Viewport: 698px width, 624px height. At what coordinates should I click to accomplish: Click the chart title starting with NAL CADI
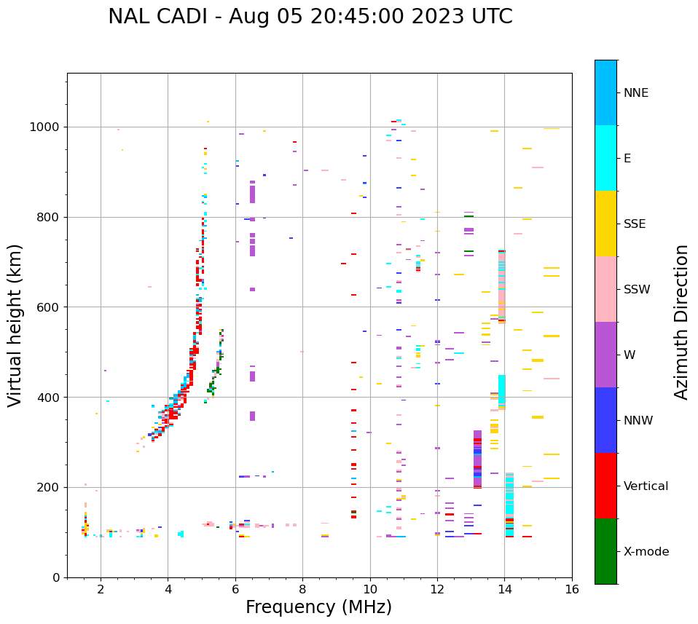[310, 17]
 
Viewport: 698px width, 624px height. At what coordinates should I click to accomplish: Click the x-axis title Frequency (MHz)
[318, 607]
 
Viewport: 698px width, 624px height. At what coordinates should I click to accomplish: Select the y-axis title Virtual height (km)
[15, 325]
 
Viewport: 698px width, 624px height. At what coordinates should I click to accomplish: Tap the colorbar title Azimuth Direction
[681, 322]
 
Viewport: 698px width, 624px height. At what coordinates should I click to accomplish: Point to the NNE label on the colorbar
[635, 93]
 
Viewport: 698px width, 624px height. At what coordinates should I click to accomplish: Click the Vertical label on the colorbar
[646, 486]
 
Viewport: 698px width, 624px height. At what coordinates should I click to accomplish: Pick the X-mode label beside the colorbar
[646, 552]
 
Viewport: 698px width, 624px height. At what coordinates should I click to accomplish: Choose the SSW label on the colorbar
[637, 290]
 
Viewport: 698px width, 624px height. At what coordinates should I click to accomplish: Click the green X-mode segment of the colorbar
[605, 551]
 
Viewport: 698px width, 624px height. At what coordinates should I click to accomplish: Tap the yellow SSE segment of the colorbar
[605, 224]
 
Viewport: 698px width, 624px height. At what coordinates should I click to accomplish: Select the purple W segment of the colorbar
[605, 355]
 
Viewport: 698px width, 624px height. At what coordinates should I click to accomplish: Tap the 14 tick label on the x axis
[504, 589]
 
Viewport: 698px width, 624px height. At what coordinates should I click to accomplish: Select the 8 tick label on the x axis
[302, 589]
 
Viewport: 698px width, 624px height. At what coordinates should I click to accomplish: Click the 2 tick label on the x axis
[101, 589]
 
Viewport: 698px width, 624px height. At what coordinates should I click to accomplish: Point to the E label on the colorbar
[627, 159]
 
